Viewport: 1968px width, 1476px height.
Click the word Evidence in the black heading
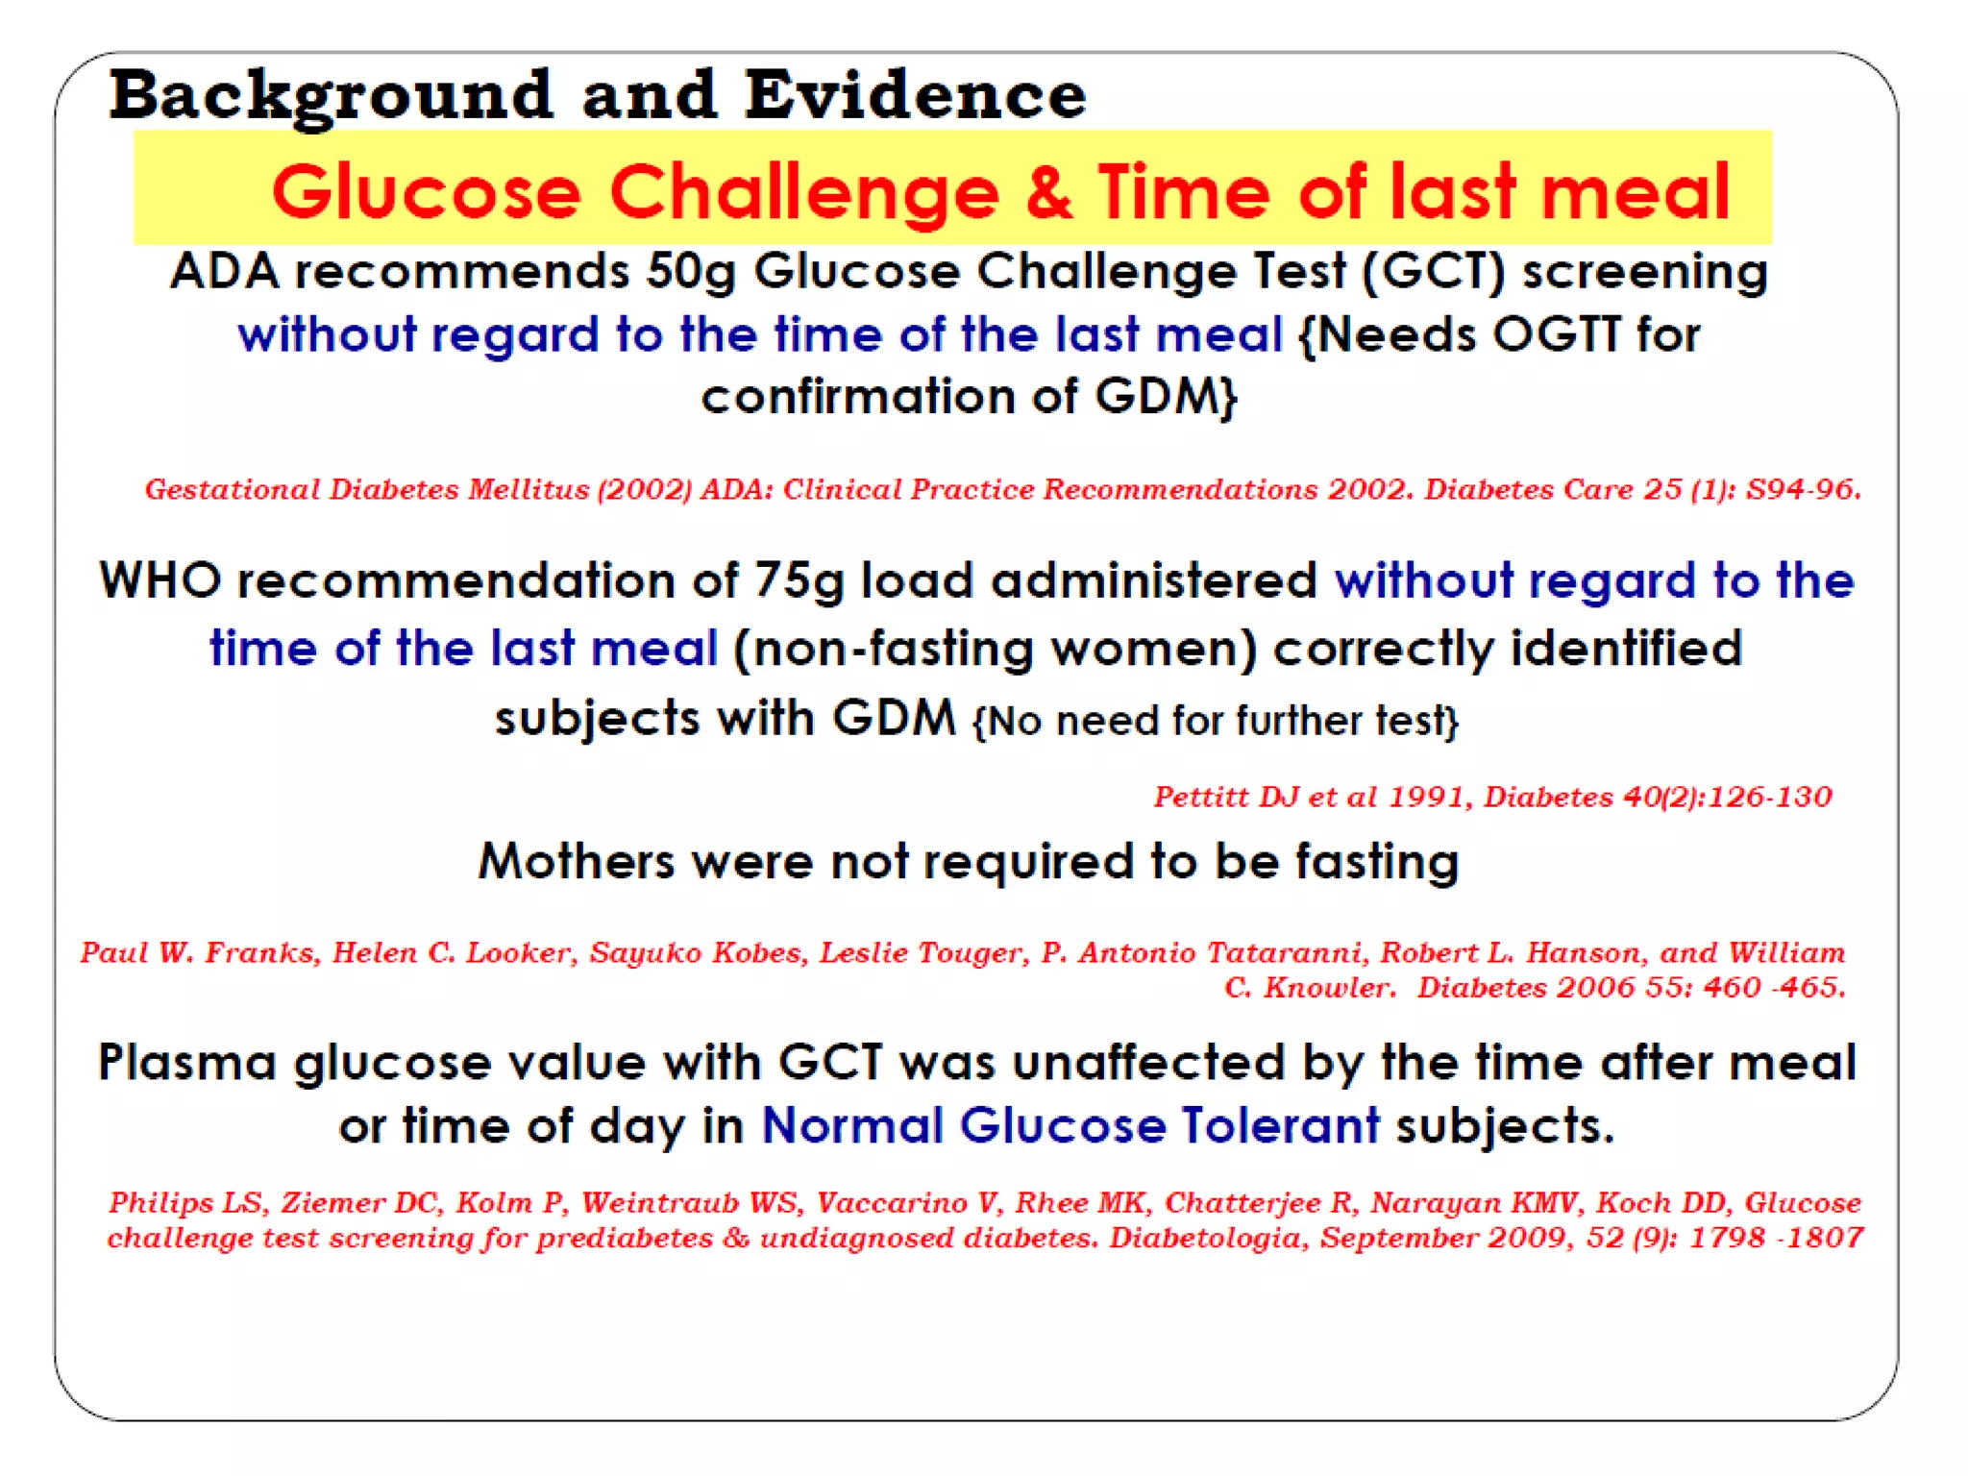[x=915, y=95]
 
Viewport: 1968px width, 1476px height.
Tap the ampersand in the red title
[x=1048, y=192]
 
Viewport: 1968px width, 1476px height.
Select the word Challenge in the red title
[x=804, y=192]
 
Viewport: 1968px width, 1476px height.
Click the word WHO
[x=160, y=581]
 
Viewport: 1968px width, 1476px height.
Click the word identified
[x=1627, y=649]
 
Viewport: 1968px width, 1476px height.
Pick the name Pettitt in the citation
[x=1199, y=797]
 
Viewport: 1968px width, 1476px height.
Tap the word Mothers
[x=577, y=861]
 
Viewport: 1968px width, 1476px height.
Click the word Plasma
[x=187, y=1064]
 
